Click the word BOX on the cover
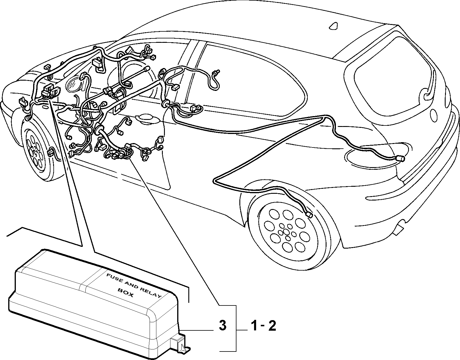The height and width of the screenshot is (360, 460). pos(126,293)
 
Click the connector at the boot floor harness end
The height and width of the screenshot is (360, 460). pos(400,158)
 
